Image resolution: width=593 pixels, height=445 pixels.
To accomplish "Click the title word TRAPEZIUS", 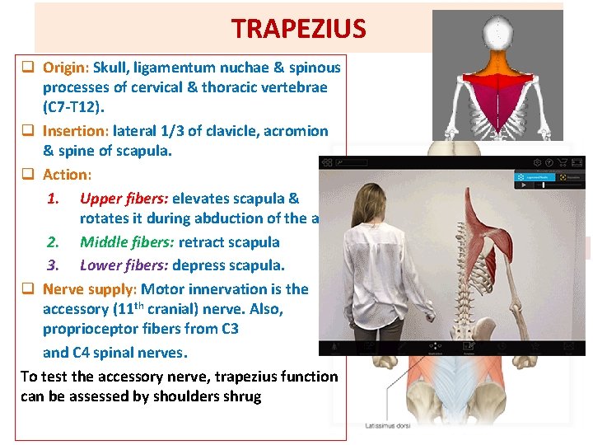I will point(298,28).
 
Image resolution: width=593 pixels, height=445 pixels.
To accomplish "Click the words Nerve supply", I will point(90,289).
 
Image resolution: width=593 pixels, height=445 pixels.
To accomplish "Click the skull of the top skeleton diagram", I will point(497,32).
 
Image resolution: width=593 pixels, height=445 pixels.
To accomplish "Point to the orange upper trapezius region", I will point(497,64).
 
